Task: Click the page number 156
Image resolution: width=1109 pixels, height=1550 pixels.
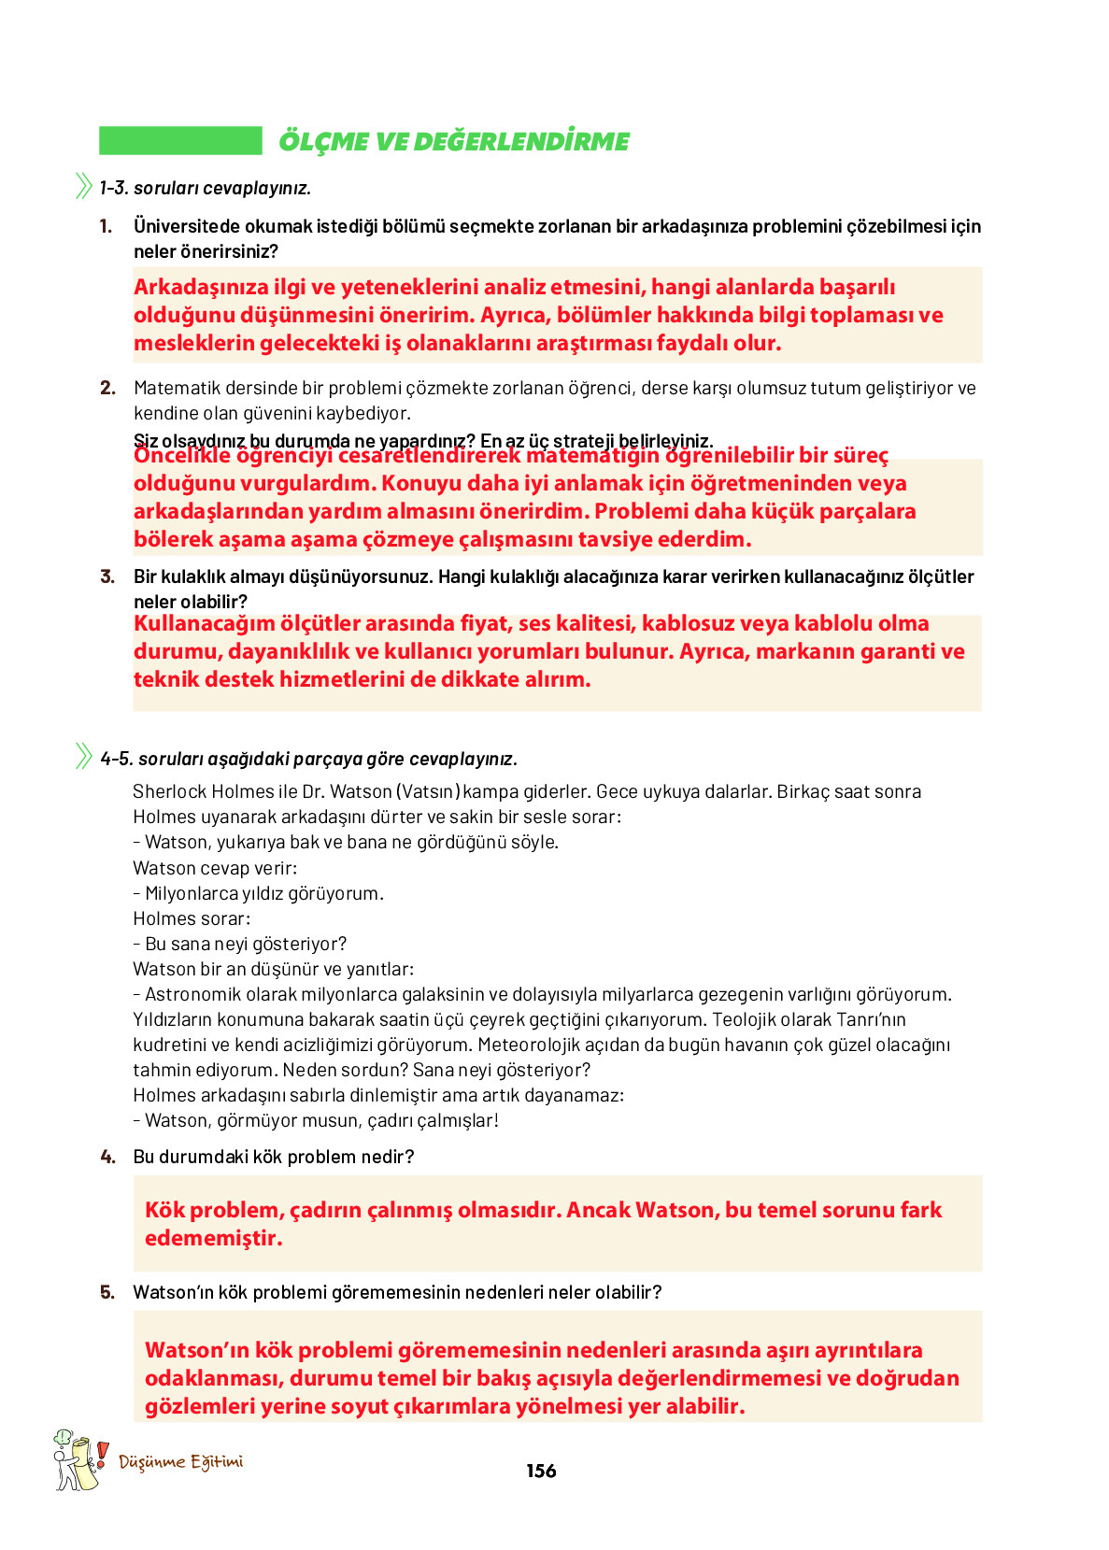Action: point(541,1471)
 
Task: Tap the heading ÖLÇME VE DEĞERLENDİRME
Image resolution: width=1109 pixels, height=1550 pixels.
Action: point(454,142)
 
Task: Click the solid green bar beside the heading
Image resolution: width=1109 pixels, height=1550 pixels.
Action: point(180,141)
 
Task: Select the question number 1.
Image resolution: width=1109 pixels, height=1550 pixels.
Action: point(106,226)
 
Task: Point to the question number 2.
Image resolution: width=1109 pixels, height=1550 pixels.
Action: point(107,388)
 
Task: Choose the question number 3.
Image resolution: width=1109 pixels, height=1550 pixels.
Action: point(107,576)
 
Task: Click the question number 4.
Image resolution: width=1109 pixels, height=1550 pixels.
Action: point(107,1157)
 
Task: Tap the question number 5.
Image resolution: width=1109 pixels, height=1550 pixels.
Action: point(107,1292)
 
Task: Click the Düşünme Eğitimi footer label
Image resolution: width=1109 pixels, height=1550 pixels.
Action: point(181,1461)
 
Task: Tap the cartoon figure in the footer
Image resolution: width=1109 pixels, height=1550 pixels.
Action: point(76,1459)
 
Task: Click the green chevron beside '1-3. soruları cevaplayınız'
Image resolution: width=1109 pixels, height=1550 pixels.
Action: point(84,187)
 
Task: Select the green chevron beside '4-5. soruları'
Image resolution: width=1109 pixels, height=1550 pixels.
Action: point(84,756)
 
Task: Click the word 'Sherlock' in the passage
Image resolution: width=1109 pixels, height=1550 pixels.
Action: point(169,791)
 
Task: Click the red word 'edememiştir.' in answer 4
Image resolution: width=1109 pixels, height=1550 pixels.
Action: point(213,1238)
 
